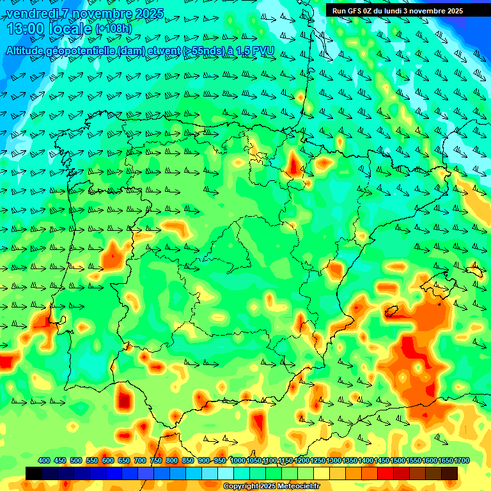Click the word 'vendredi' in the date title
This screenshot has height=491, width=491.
click(x=31, y=13)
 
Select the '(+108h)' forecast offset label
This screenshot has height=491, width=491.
click(x=113, y=29)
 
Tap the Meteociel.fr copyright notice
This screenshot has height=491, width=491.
click(x=271, y=487)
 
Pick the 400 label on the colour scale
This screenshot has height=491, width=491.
click(x=44, y=461)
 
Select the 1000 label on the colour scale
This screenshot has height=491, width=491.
click(x=238, y=461)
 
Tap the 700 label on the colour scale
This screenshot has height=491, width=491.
click(x=140, y=461)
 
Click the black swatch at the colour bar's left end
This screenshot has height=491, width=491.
click(x=34, y=473)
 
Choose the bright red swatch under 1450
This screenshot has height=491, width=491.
click(x=386, y=473)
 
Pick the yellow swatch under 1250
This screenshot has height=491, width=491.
click(x=322, y=473)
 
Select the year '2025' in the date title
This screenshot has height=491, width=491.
click(x=149, y=13)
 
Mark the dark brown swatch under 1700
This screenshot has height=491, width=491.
click(x=449, y=473)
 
